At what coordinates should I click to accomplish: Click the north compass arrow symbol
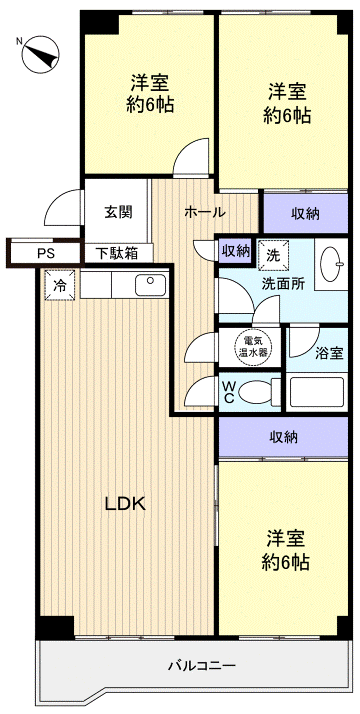[38, 49]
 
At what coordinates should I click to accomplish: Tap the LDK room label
[126, 503]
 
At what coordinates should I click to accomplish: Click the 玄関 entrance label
[117, 212]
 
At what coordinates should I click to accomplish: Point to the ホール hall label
[204, 212]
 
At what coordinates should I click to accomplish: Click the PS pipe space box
[46, 253]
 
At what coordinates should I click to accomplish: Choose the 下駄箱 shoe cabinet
[117, 253]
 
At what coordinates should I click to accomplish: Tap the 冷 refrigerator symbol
[59, 285]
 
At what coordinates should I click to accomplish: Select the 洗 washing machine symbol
[273, 255]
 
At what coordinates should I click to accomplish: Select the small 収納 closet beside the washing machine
[236, 251]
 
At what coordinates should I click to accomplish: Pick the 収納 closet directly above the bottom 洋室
[286, 436]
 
